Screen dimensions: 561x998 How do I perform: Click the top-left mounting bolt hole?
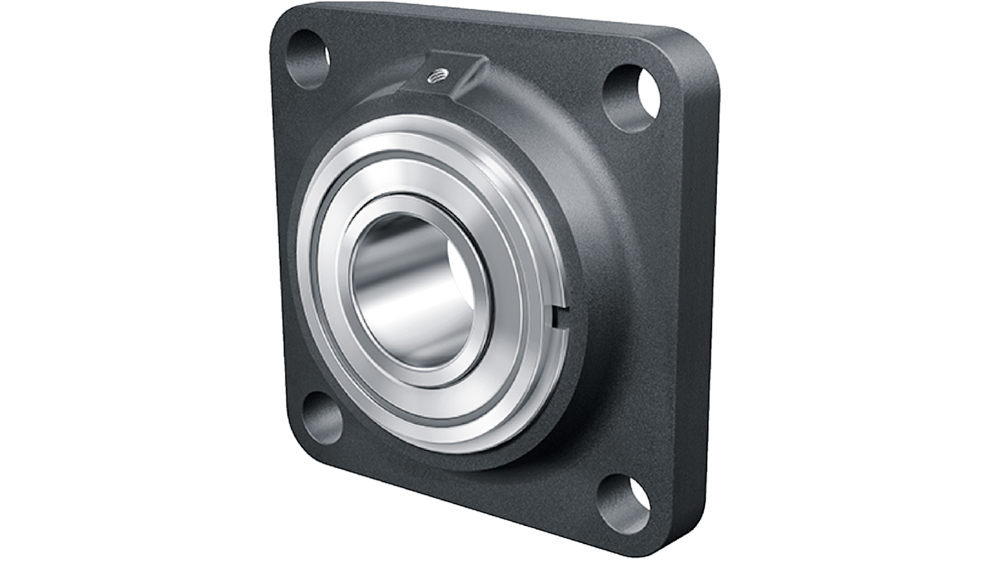coord(308,58)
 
